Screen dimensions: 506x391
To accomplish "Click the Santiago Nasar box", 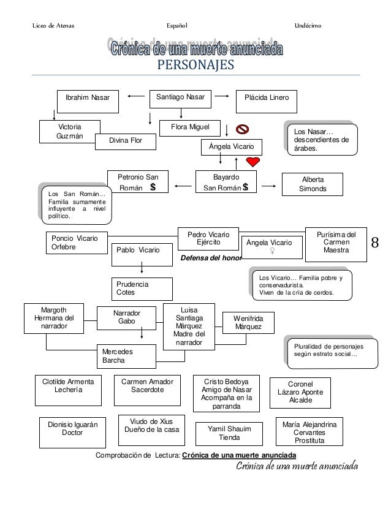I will (180, 98).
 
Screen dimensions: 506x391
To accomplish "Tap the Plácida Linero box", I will (267, 98).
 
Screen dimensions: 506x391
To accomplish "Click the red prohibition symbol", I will (242, 129).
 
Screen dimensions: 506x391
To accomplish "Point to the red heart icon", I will (252, 162).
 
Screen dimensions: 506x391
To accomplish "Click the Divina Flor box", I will (125, 142).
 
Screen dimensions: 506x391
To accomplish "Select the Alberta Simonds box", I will (312, 184).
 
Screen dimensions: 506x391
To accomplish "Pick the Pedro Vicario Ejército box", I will (205, 238).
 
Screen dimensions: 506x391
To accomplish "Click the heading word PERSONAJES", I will (195, 64).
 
